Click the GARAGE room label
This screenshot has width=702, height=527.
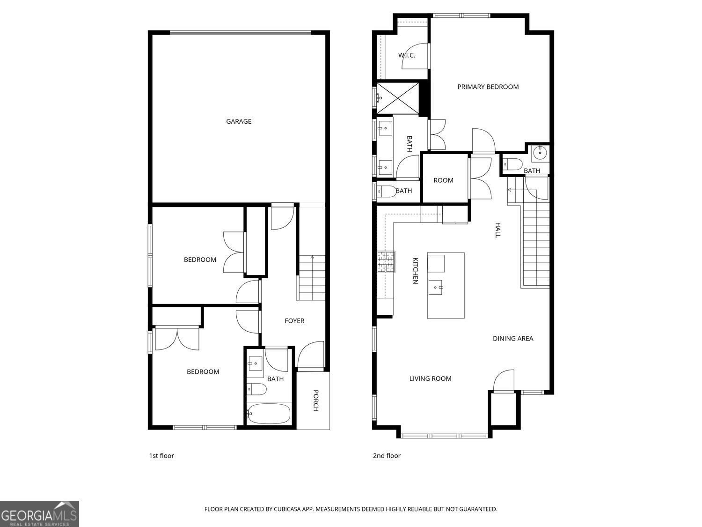click(239, 121)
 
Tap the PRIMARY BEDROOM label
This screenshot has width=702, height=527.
click(488, 87)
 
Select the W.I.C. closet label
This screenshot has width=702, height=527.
click(407, 55)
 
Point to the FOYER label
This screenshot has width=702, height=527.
click(294, 320)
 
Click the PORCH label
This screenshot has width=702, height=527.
click(315, 401)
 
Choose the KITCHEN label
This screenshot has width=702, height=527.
click(415, 271)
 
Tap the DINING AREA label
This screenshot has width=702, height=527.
click(513, 339)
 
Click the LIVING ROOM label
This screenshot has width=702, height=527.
click(430, 379)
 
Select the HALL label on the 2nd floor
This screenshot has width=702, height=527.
click(497, 230)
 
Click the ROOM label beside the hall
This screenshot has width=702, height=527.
click(443, 180)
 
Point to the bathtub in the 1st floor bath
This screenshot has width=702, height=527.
click(269, 414)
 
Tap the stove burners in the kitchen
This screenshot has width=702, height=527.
click(386, 262)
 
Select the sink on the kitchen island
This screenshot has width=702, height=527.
click(435, 287)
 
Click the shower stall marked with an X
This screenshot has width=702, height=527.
click(397, 98)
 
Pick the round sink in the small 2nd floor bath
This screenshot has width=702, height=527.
click(540, 153)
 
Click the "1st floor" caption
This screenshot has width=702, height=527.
click(161, 456)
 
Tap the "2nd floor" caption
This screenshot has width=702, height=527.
click(387, 456)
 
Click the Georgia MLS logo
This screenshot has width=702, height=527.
click(39, 514)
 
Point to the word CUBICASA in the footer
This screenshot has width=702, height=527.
click(287, 509)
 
